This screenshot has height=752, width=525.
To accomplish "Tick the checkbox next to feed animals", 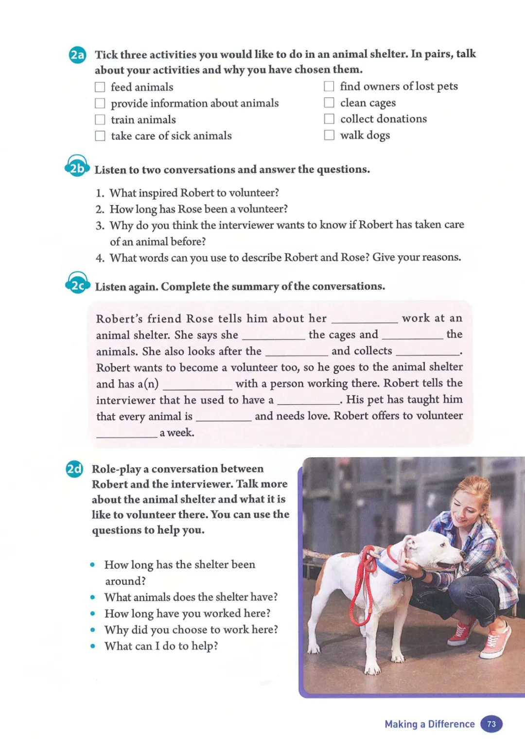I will [100, 87].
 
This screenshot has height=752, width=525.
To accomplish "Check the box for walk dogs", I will [329, 135].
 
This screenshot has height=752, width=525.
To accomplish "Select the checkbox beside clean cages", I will [329, 103].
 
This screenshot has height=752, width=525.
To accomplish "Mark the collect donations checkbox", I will [329, 119].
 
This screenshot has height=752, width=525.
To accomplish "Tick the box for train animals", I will [100, 120].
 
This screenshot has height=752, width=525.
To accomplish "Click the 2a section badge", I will [77, 54].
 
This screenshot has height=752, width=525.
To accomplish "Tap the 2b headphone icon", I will [77, 167].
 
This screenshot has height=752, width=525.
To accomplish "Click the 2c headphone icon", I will [77, 284].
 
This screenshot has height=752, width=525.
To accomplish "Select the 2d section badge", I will [74, 469].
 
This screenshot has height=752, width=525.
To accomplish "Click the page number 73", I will [491, 724].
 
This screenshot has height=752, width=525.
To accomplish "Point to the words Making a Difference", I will [429, 724].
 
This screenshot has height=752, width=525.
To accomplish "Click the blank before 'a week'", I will [127, 434].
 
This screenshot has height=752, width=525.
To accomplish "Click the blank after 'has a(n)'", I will [197, 385].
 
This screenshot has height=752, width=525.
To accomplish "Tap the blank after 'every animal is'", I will [224, 417].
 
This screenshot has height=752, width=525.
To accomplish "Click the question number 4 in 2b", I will [100, 258].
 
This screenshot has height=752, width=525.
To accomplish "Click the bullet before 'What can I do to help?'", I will [92, 647].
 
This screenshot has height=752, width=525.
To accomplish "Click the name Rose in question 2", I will [190, 209].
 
